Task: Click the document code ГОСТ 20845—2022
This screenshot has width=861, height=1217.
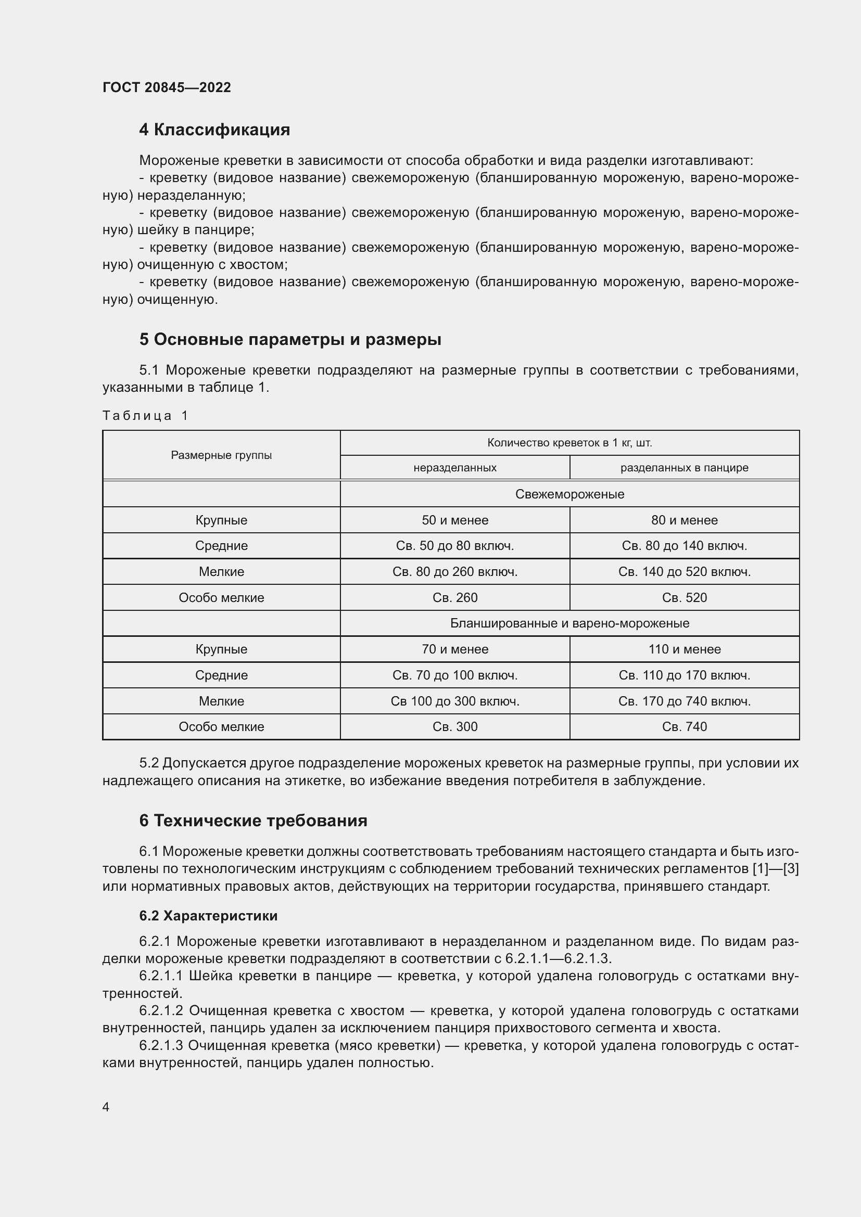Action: coord(167,87)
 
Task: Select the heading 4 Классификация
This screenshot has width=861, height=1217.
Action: coord(214,130)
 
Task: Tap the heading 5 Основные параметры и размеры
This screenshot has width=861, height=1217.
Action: coord(290,339)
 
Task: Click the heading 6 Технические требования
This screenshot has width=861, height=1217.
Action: coord(253,821)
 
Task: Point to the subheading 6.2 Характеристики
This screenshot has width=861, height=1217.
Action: coord(208,916)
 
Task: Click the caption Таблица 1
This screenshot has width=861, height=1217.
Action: coord(145,416)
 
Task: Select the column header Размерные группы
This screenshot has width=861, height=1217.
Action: coord(221,455)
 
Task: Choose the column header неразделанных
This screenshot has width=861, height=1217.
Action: coord(455,468)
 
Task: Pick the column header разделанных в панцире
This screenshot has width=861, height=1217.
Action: coord(684,468)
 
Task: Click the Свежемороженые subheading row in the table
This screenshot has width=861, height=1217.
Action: coord(569,494)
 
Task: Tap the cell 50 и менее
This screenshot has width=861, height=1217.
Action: coord(455,520)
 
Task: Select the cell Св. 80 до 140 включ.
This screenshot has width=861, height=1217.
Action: coord(684,546)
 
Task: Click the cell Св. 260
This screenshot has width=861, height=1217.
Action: coord(455,597)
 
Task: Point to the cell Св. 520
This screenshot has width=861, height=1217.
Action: coord(684,597)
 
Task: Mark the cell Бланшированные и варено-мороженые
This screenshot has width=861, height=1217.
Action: coord(569,623)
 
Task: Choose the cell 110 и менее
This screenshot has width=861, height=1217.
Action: coord(684,649)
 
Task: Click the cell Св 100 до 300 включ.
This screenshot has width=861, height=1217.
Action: coord(455,701)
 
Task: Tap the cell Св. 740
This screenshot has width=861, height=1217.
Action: coord(684,727)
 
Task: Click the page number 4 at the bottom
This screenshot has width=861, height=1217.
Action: coord(106,1107)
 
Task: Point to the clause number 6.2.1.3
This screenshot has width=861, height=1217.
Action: coord(161,1046)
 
